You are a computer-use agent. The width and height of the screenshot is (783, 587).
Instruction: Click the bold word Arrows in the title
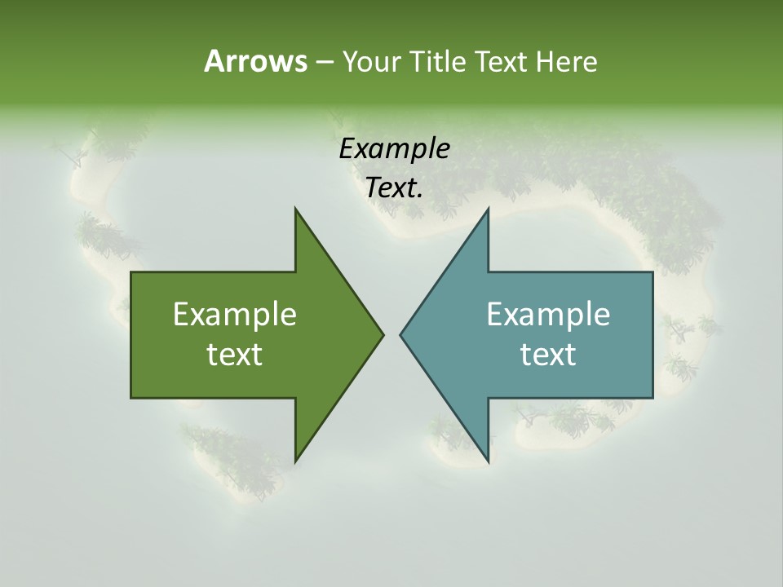[255, 61]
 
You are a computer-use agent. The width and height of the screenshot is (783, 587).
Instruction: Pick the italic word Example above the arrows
[394, 149]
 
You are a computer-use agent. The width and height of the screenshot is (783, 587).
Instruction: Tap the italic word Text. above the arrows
[394, 188]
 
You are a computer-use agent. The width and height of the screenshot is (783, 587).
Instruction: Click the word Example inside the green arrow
[235, 315]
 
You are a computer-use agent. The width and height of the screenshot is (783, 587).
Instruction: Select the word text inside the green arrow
[235, 354]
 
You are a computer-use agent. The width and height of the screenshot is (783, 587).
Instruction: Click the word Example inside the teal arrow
[548, 315]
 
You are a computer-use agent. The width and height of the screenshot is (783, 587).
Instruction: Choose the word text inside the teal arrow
[548, 354]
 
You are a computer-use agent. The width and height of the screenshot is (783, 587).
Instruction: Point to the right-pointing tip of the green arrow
[383, 334]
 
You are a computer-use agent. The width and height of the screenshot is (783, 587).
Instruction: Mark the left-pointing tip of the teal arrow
[400, 334]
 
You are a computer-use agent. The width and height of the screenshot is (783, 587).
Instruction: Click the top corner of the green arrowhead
[295, 209]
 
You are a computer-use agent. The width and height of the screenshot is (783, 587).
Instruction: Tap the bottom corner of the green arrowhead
[295, 461]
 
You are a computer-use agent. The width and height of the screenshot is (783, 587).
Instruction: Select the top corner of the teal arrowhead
[489, 209]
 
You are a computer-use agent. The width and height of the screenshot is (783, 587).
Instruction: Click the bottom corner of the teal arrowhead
[489, 461]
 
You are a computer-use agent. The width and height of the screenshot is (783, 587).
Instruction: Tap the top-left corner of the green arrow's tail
[131, 272]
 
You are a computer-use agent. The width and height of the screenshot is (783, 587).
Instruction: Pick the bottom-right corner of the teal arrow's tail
[652, 398]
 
